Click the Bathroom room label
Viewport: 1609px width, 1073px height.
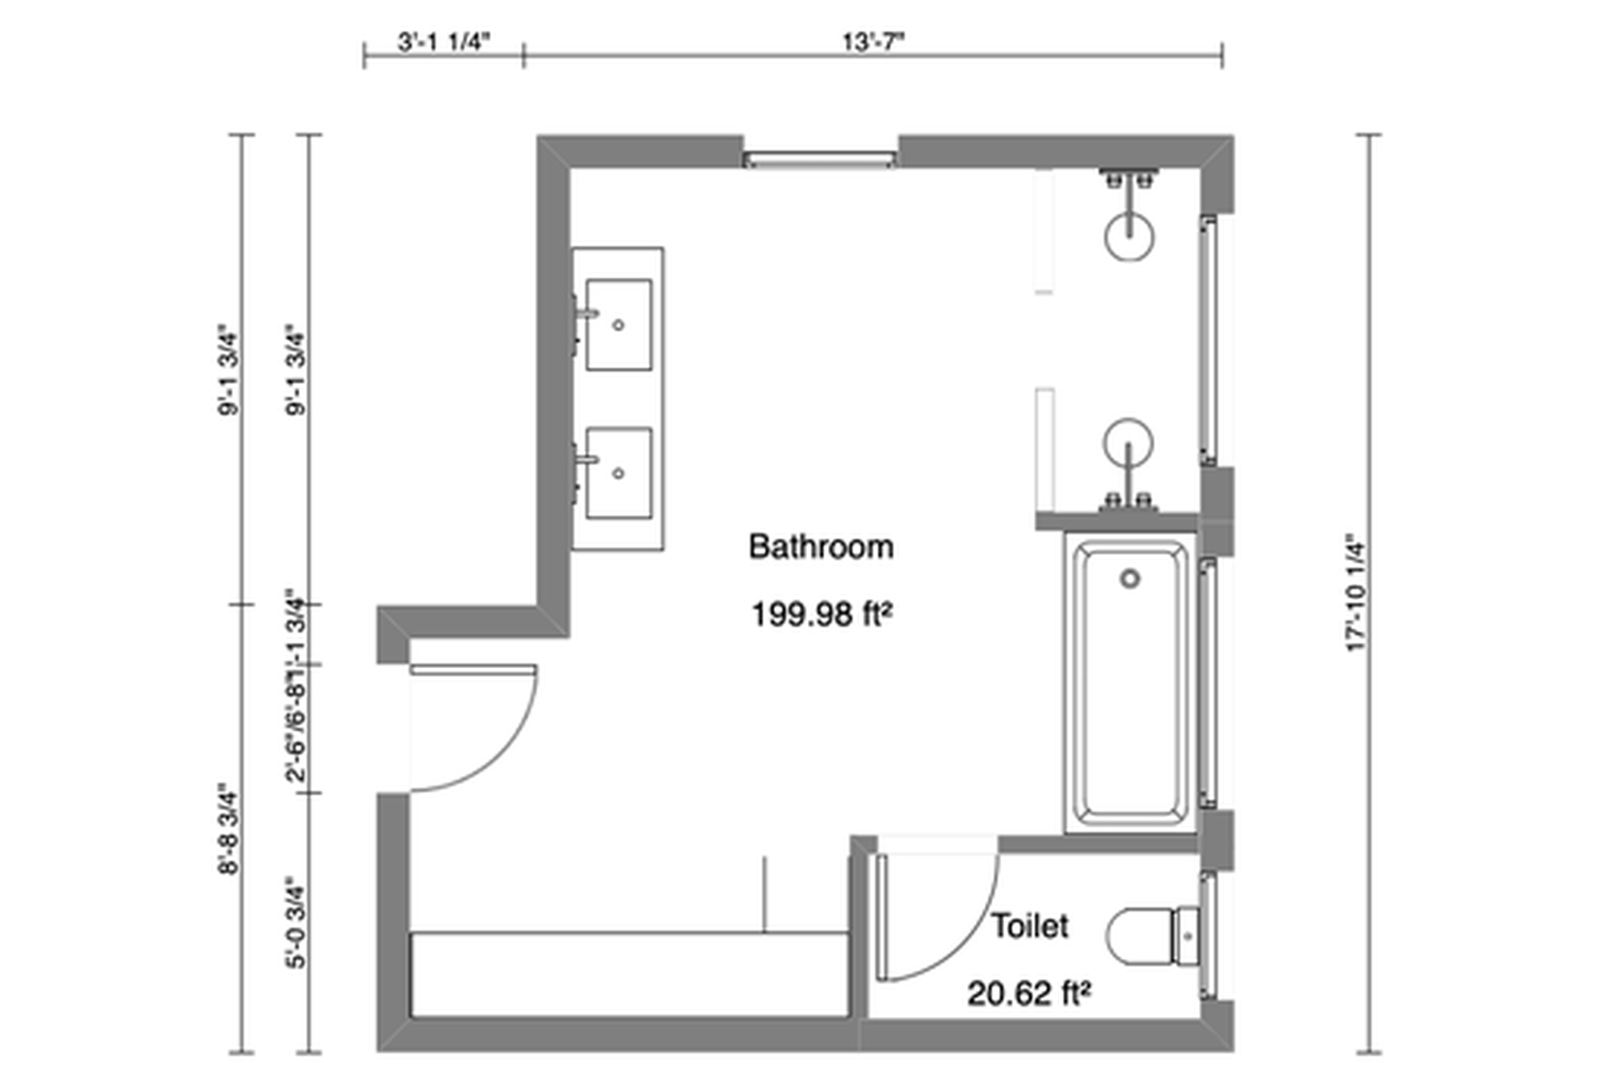[x=820, y=547]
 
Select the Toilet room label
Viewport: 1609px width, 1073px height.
[x=1030, y=926]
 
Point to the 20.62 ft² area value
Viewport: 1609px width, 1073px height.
[x=1029, y=994]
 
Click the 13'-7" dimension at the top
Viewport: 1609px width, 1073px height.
[x=875, y=42]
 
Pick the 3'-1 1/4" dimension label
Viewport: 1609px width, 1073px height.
[x=442, y=42]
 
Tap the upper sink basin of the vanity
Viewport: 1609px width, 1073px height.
[x=618, y=324]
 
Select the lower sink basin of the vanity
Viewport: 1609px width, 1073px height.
[x=618, y=473]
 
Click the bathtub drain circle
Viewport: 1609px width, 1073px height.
[x=1130, y=578]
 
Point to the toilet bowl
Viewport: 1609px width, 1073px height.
[x=1140, y=936]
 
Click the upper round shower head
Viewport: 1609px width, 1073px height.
[x=1130, y=236]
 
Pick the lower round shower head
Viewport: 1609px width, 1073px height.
[x=1128, y=442]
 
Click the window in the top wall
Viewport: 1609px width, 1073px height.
[x=820, y=158]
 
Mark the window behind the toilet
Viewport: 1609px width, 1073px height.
[x=1208, y=935]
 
